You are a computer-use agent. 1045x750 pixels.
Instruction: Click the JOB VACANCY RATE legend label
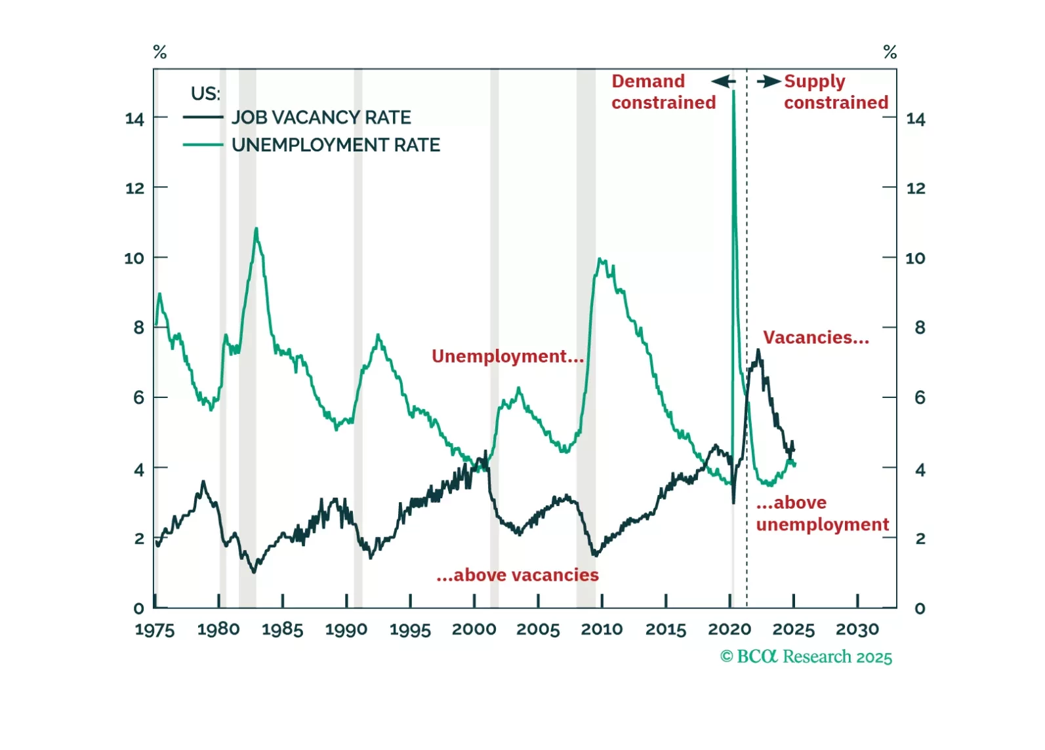(x=321, y=117)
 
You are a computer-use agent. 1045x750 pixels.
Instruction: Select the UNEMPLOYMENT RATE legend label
(x=335, y=145)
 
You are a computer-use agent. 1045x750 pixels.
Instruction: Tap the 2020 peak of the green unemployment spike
(x=733, y=91)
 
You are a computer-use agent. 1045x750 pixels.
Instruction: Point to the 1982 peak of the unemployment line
(x=256, y=228)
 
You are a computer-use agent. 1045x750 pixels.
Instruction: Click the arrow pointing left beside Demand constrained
(x=723, y=81)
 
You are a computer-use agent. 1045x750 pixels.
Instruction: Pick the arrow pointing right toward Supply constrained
(x=769, y=81)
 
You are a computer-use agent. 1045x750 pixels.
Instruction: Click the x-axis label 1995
(x=410, y=629)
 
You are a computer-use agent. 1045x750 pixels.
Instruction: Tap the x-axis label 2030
(x=857, y=629)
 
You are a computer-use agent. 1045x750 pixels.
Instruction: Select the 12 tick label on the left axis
(x=134, y=188)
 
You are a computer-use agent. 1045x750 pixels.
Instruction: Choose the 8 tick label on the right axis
(x=920, y=327)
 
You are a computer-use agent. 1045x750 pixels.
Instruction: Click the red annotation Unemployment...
(x=507, y=356)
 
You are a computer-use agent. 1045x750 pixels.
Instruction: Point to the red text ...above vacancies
(x=517, y=575)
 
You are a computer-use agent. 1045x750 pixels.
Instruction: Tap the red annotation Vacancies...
(x=815, y=338)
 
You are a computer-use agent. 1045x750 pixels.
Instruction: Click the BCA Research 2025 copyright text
(x=806, y=657)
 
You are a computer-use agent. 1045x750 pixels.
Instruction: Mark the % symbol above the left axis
(x=159, y=52)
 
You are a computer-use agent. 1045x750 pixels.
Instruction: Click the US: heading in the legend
(x=205, y=94)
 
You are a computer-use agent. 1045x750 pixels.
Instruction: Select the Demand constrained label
(x=663, y=92)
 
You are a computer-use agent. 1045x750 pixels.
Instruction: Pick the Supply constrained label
(x=836, y=92)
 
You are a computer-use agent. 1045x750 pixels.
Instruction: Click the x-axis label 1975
(x=155, y=629)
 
